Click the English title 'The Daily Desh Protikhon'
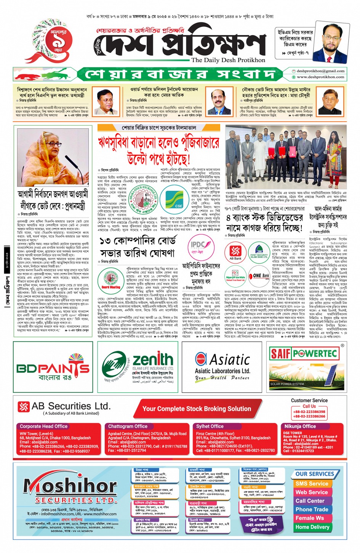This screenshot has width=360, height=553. point(228,60)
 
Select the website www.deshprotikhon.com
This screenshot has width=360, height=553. point(320,77)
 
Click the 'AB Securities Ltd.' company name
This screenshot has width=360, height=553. point(70,406)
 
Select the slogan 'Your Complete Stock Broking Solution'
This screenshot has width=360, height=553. point(197,409)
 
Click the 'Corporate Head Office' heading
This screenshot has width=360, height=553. point(43,427)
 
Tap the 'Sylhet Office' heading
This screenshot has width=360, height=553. point(210,427)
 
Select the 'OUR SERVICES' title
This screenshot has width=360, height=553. point(315,474)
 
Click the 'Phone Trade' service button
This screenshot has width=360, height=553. point(312,510)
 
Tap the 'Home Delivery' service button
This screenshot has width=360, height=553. point(312,527)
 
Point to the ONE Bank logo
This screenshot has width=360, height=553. point(261,276)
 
